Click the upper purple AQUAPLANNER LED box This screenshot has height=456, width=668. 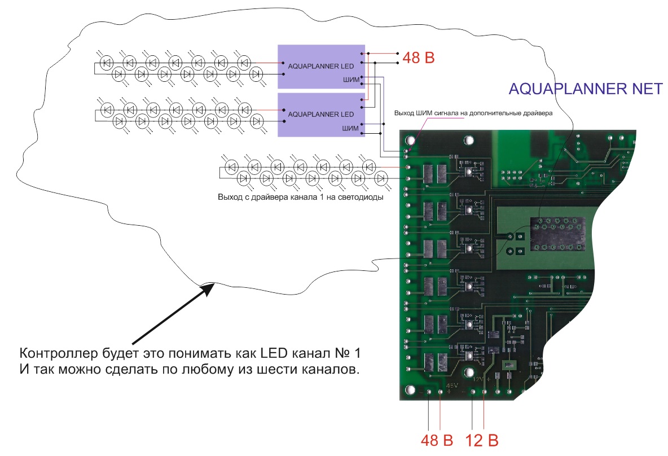(321, 67)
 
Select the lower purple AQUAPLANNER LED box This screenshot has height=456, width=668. (321, 115)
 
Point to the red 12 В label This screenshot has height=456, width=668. (481, 440)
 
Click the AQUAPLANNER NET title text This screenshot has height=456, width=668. (586, 89)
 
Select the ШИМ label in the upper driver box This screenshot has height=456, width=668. (350, 80)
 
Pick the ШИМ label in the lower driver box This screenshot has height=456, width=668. (350, 128)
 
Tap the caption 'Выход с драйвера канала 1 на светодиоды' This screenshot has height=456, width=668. (300, 198)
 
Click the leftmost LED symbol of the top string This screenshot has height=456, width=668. (106, 62)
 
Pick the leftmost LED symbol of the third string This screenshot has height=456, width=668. (231, 167)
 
